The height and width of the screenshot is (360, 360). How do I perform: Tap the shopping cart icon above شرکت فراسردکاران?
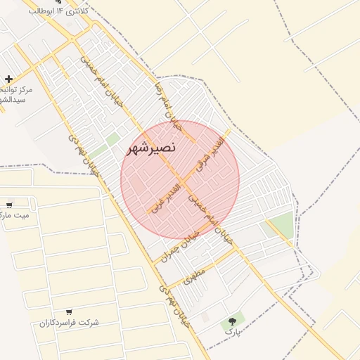[x=69, y=311]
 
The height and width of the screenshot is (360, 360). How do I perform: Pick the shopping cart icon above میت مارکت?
[x=8, y=206]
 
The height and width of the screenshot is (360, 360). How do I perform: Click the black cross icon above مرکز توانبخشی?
[x=8, y=79]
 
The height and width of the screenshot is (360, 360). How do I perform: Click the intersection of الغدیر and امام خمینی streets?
[x=181, y=184]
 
